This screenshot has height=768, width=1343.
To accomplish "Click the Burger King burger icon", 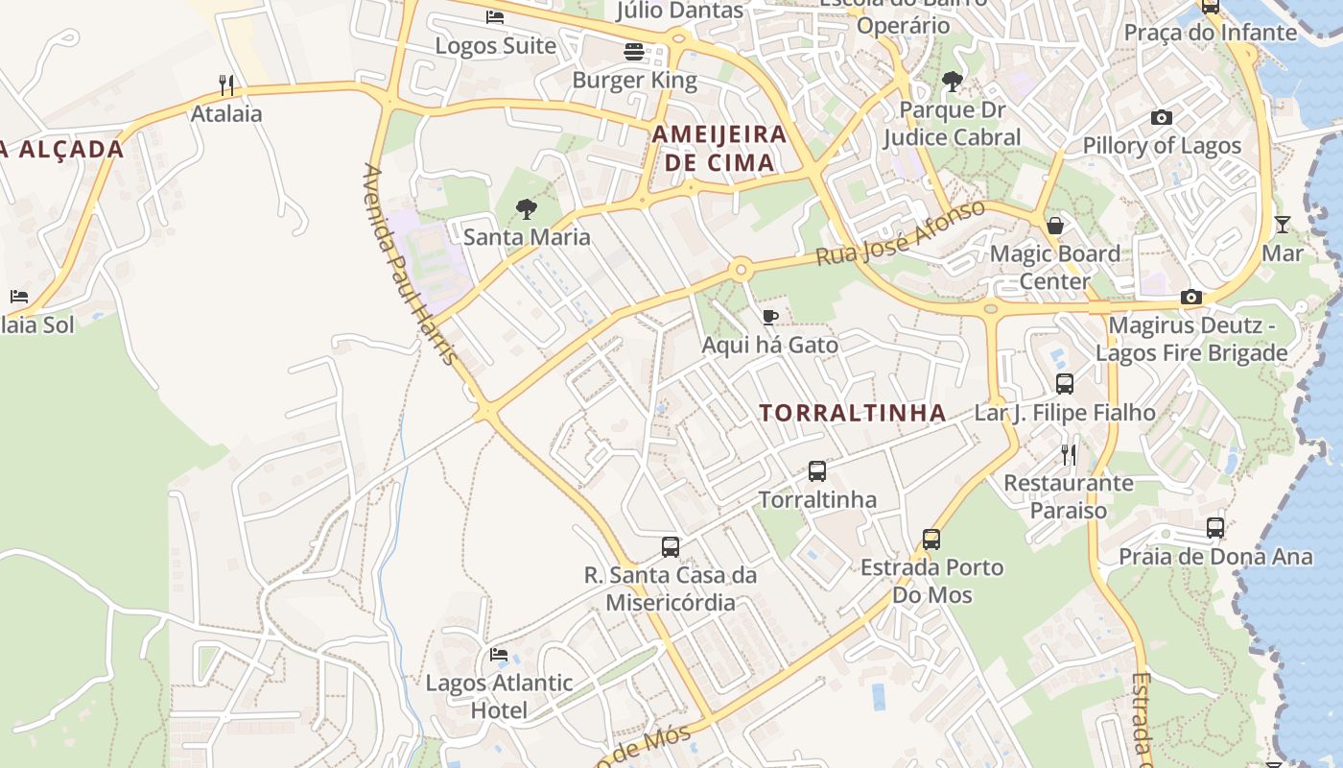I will pos(633,52).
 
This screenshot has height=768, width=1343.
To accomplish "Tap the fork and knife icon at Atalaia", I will pos(226,85).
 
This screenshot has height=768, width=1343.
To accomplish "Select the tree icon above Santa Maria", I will pos(526,208).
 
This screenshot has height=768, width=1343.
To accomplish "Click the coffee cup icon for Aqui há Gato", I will pos(769,317).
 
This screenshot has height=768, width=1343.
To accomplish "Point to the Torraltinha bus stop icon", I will pos(817,471).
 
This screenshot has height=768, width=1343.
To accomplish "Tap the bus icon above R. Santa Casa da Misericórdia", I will pos(671,547).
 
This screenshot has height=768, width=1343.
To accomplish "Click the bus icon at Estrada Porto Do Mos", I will pos(931,540).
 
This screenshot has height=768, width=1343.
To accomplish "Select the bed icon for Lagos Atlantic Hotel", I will pos(499,655).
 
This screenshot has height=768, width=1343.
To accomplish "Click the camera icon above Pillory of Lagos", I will pos(1162,118).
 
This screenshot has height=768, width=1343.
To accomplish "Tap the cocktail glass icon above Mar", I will pos(1283,225).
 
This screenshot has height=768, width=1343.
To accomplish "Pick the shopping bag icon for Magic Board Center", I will pos(1055,226).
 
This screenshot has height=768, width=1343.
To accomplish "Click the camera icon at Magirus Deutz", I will pos(1191,298).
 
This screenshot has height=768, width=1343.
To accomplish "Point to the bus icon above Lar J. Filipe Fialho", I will pos(1065,384).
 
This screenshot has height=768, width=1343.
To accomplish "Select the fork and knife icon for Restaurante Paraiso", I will pos(1069,454).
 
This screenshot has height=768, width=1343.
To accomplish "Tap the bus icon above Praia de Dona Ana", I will pos(1215,528).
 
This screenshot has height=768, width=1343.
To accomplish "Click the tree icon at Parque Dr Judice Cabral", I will pos(952,82).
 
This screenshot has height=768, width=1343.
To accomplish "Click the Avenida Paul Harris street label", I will pos(410,265).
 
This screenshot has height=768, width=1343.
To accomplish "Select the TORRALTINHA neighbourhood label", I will pos(853,414).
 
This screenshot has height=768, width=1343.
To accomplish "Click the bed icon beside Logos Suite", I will pos(495,17).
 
